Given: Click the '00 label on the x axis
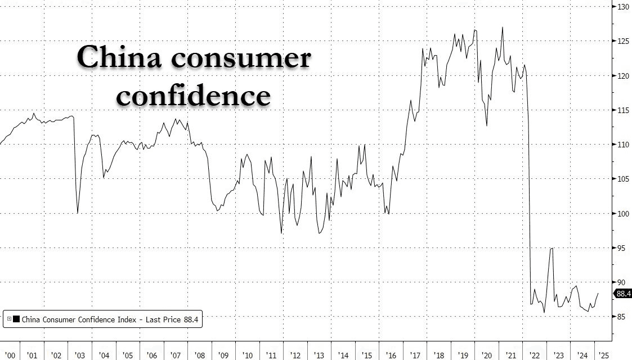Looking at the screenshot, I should [x=9, y=355].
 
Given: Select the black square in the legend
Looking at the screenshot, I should [x=16, y=319].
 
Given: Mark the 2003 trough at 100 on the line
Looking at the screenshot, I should [x=78, y=213].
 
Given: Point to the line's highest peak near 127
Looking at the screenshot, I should [x=502, y=27].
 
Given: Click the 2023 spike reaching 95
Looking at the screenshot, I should [x=552, y=248].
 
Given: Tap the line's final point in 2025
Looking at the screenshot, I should [x=598, y=293].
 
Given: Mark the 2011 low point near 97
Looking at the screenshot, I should [x=281, y=232].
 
